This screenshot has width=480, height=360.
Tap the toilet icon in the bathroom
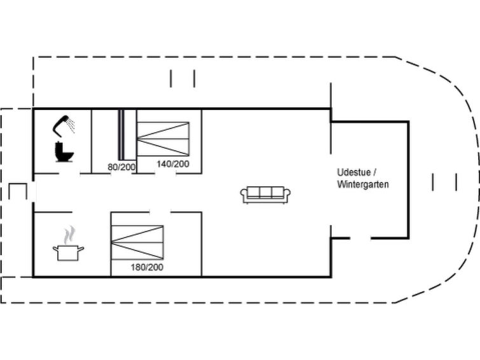pos(64,151)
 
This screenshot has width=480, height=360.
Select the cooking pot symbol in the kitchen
pos(68,253)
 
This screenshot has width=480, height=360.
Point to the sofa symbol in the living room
pos(265,195)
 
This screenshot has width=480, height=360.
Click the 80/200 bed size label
pos(121,167)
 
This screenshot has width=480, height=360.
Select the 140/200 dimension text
pos(173,164)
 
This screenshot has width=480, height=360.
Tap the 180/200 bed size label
pos(147,268)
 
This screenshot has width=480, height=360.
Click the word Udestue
pos(354,172)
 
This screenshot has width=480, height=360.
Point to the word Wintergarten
pos(363,184)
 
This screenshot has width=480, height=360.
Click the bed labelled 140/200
pos(163,139)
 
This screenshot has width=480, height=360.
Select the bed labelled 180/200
pos(137,242)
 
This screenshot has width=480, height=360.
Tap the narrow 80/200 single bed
pos(121,135)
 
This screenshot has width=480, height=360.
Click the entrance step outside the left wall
pos(18,191)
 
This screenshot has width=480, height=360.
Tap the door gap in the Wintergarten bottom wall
pos(360,238)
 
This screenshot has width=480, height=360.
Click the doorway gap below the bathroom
pos(69,174)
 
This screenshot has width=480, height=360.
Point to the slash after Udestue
pos(374,172)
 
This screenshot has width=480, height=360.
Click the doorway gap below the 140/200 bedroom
pos(165,174)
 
